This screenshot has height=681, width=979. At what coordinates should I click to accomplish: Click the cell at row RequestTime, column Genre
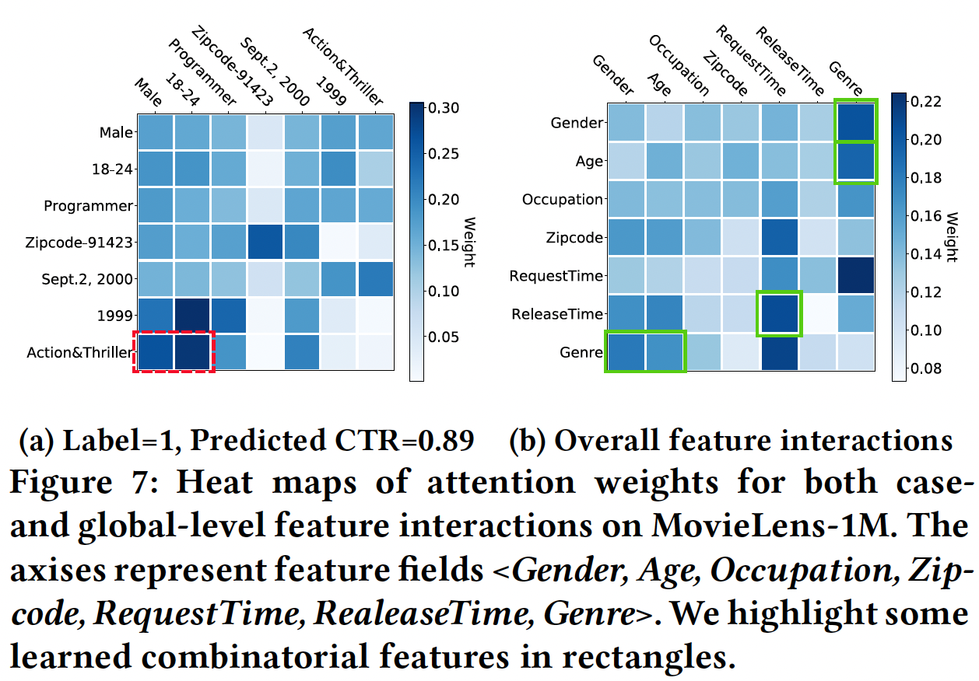click(x=856, y=276)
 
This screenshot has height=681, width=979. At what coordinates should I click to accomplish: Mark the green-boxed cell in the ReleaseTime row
click(x=779, y=314)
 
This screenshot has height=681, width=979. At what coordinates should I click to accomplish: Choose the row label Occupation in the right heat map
click(x=562, y=199)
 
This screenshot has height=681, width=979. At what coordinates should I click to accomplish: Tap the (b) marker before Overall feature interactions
click(x=526, y=441)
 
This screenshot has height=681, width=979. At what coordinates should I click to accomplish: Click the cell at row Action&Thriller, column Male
click(x=156, y=353)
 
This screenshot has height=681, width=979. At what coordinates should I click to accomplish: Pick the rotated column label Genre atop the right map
click(x=845, y=77)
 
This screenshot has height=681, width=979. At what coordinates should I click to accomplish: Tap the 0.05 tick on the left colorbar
click(x=441, y=337)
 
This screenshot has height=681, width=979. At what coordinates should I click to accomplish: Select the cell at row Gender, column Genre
click(x=856, y=123)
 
